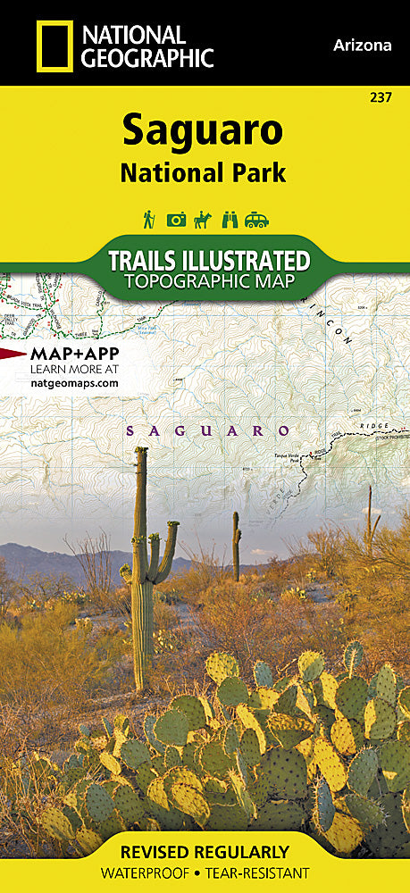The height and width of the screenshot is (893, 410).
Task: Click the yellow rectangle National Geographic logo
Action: (x=53, y=46)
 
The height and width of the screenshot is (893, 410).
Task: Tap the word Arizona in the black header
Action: (x=361, y=45)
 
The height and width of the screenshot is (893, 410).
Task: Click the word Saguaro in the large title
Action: (x=203, y=131)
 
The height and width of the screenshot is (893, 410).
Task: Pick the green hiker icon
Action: (x=148, y=219)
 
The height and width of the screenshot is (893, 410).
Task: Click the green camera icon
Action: (x=177, y=220)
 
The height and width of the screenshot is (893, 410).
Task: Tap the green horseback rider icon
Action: (x=205, y=219)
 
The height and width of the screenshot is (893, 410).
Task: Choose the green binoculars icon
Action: (x=231, y=220)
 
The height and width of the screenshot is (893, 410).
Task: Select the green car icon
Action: (x=257, y=220)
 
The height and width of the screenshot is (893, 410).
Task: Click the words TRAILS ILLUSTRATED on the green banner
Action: (x=208, y=261)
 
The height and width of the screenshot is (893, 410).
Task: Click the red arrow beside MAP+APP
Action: (x=13, y=355)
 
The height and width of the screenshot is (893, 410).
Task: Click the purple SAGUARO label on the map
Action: (x=208, y=430)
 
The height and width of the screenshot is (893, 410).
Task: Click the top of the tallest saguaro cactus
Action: (x=141, y=450)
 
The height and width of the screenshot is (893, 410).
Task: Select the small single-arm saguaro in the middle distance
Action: (x=236, y=545)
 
